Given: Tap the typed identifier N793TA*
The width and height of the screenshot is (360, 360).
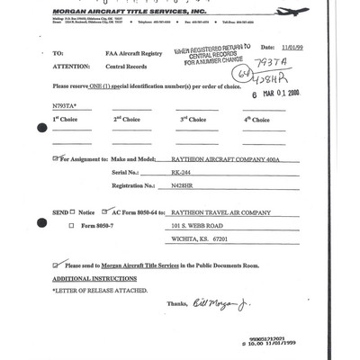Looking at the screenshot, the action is point(67,106).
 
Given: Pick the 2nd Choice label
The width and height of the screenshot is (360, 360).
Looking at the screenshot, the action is point(126,120).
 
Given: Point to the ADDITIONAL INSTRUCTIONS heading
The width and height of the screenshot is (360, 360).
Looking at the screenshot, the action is point(94,279).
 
